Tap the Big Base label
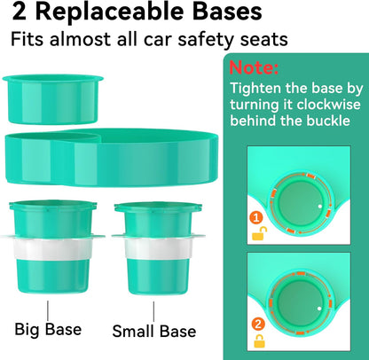pyautogui.click(x=49, y=330)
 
